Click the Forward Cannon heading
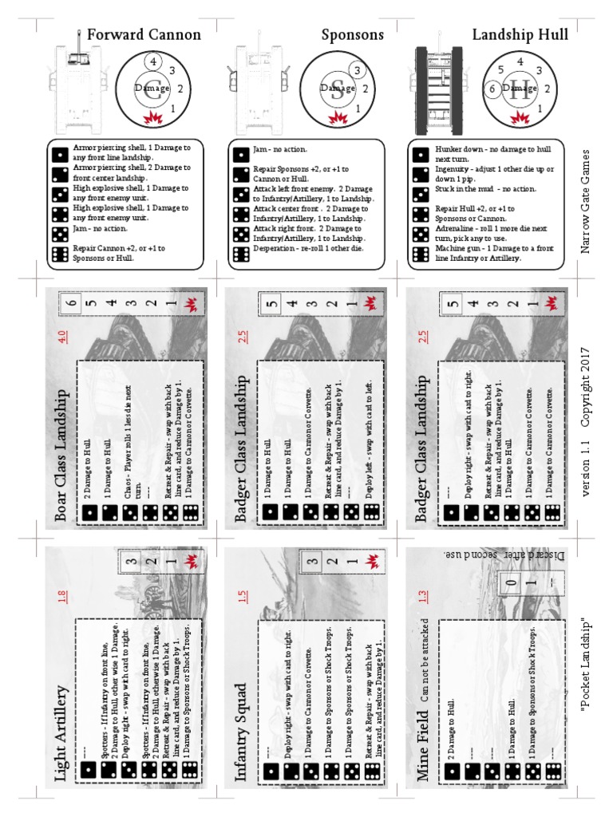(x=143, y=35)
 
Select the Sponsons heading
(x=353, y=35)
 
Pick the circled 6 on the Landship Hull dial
(x=494, y=89)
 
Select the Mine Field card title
(x=423, y=742)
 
